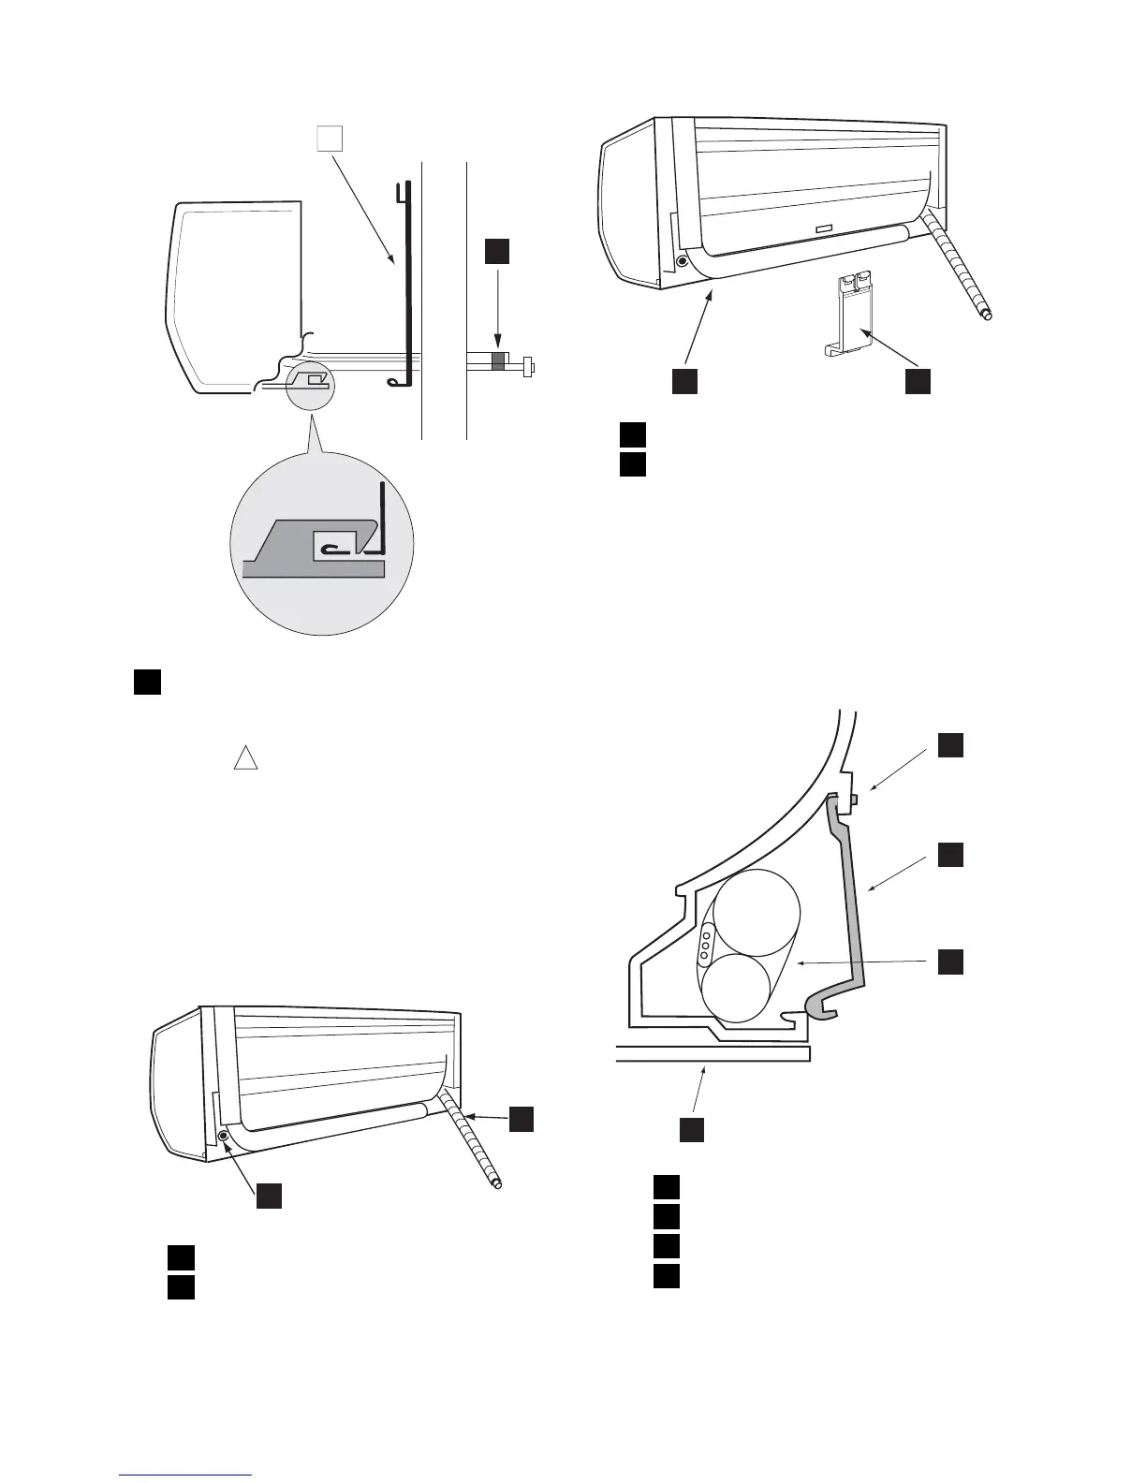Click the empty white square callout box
[329, 138]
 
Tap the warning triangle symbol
[245, 757]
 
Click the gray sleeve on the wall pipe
[498, 360]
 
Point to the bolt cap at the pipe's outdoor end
[530, 366]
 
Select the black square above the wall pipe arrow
[497, 251]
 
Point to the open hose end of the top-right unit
[985, 316]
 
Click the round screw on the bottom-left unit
[224, 1135]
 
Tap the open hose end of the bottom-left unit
[497, 1185]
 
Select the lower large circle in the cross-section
[737, 988]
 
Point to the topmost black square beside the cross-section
[951, 745]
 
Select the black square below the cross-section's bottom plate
[691, 1129]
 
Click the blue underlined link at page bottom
[186, 1476]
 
